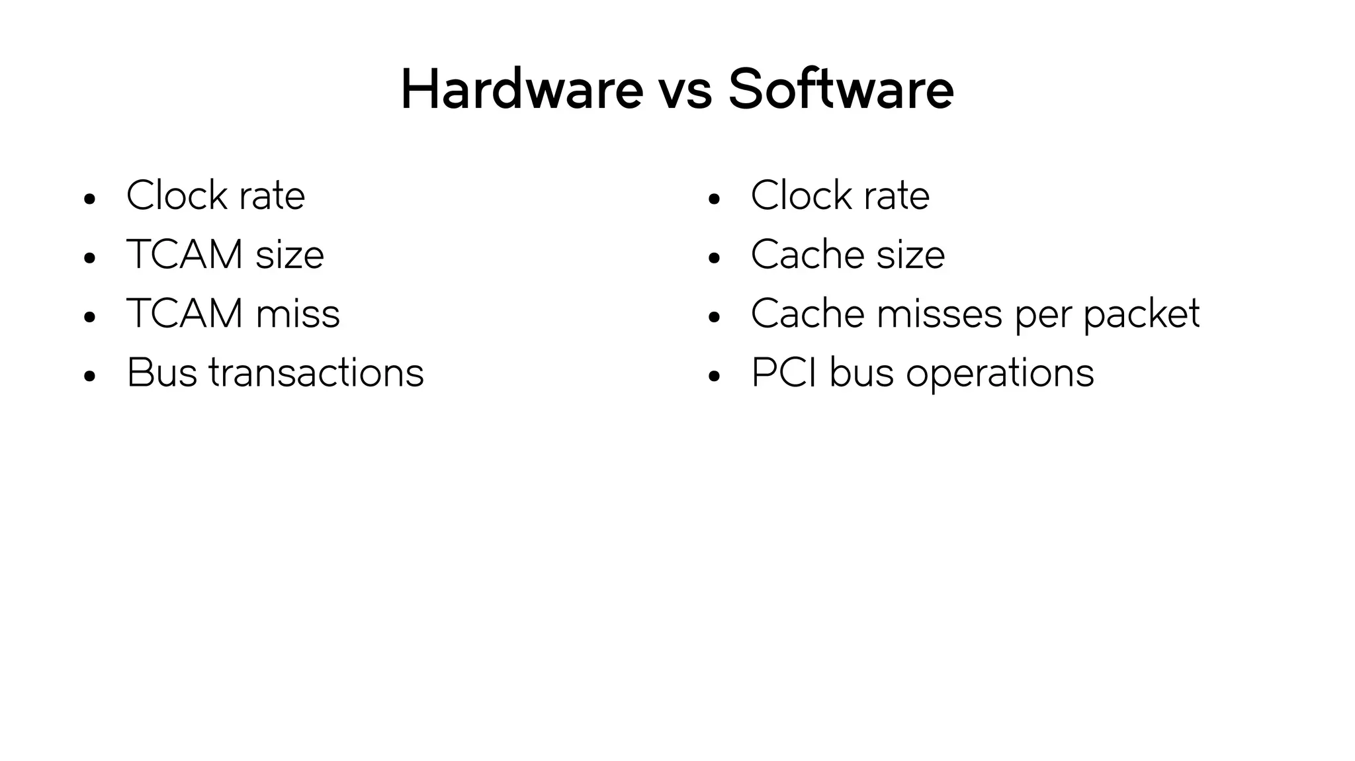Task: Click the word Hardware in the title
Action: (521, 89)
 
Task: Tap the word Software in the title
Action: (840, 89)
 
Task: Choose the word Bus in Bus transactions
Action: (161, 373)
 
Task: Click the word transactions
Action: (316, 373)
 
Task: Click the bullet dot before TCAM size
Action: (90, 258)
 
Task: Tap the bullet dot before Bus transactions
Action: (90, 377)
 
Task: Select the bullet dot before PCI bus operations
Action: (713, 377)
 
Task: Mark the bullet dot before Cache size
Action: (713, 258)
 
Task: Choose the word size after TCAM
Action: (290, 254)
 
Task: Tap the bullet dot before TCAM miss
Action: (90, 317)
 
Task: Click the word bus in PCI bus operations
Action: (861, 373)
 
